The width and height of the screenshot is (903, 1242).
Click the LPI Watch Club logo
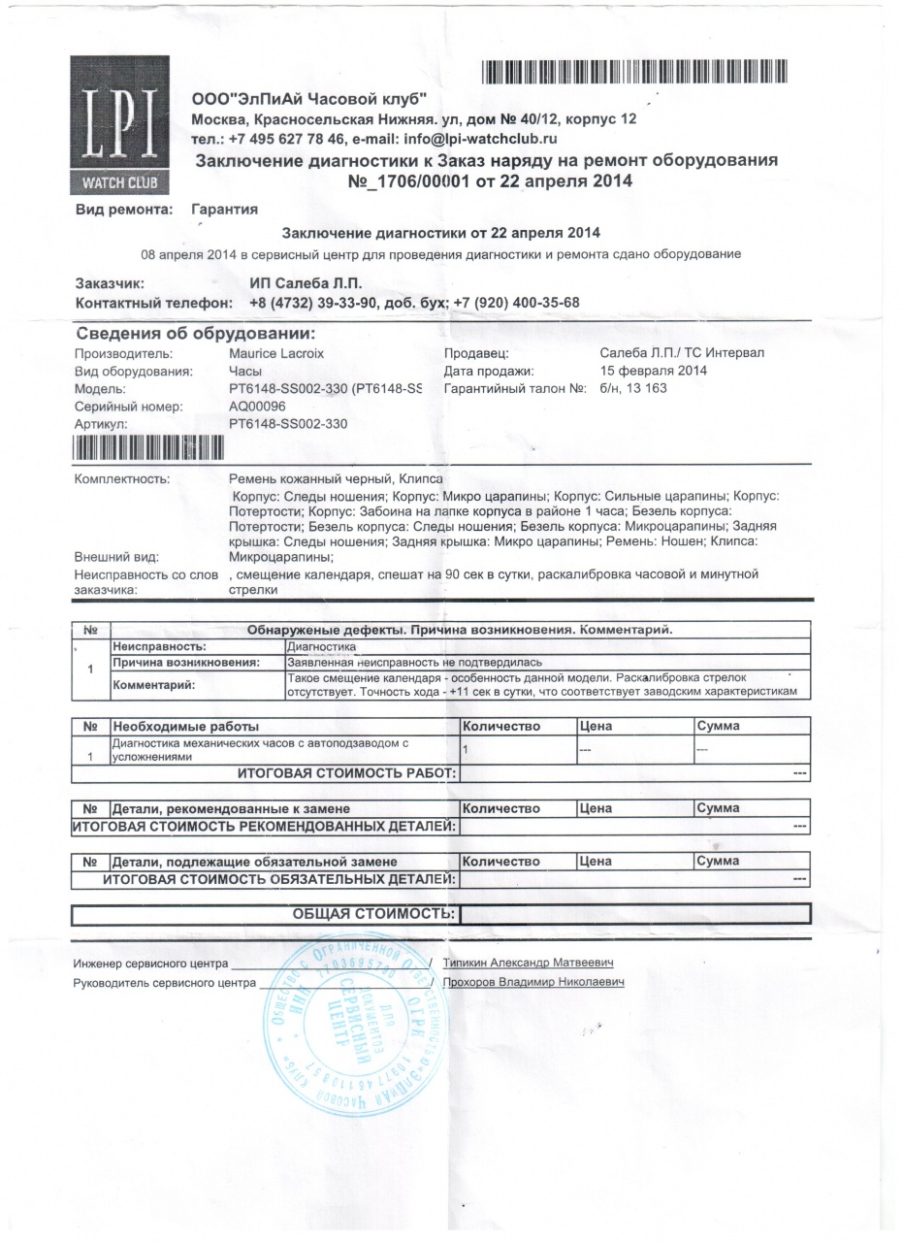118,126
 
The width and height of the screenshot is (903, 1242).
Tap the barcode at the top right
631,71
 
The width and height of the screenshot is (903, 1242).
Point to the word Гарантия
224,209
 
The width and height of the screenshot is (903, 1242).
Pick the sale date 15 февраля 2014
654,371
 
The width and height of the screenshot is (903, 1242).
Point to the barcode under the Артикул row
148,446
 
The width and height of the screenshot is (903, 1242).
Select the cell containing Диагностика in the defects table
322,646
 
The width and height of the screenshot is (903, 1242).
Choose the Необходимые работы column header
184,726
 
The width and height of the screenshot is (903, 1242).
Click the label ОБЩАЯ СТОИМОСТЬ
373,913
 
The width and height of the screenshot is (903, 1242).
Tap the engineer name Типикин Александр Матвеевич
527,963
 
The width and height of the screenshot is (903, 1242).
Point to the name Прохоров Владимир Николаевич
532,982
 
